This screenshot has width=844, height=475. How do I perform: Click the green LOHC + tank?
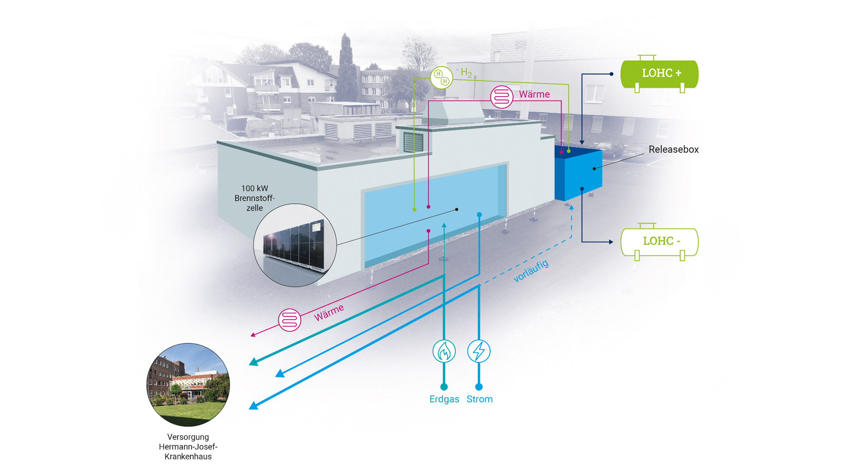(x=659, y=74)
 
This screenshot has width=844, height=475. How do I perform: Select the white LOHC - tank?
(x=659, y=242)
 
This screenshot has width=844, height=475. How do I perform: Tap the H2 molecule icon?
(x=441, y=77)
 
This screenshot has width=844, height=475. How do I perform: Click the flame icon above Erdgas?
(x=444, y=351)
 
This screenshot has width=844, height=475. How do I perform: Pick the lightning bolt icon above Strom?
(x=479, y=351)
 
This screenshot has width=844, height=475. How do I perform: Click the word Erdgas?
(x=444, y=399)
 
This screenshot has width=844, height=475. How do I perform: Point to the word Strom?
(x=479, y=399)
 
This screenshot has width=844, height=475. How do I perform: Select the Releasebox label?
(x=674, y=149)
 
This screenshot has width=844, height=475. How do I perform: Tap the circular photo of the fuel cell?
(x=295, y=245)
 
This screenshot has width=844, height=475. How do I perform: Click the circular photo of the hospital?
(x=188, y=384)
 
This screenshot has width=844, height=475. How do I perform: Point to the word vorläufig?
(x=531, y=271)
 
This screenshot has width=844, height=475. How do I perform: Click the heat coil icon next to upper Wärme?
(x=502, y=97)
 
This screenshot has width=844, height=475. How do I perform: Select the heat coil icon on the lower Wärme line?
(x=289, y=320)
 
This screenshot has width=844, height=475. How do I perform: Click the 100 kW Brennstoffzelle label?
(x=254, y=198)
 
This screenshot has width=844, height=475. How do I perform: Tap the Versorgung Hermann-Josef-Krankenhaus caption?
(x=188, y=447)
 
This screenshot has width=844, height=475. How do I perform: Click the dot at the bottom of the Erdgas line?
(x=444, y=387)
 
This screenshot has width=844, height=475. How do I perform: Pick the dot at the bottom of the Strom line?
(x=479, y=387)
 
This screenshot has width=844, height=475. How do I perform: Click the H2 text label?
(x=466, y=73)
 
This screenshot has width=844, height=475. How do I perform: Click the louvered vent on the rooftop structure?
(x=413, y=142)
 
